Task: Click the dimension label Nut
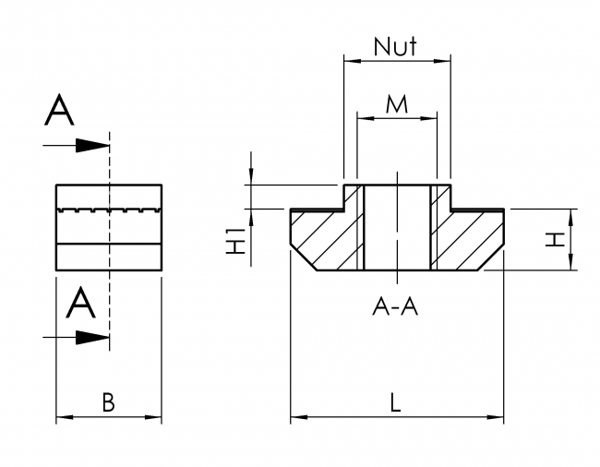[396, 46]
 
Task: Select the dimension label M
[396, 105]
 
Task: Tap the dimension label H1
[236, 241]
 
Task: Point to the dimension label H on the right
[553, 240]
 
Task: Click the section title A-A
[395, 308]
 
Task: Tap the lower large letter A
[81, 303]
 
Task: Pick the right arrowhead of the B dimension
[156, 419]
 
